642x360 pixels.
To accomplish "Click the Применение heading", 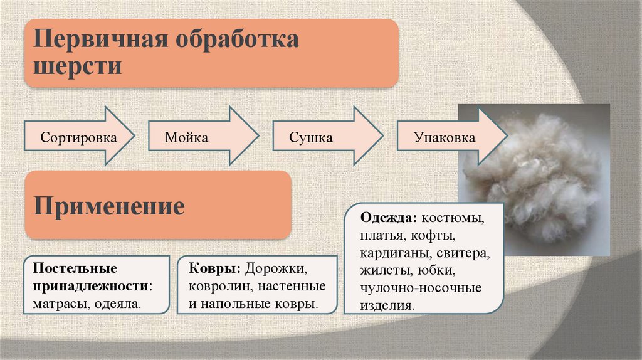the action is coord(109,206).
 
